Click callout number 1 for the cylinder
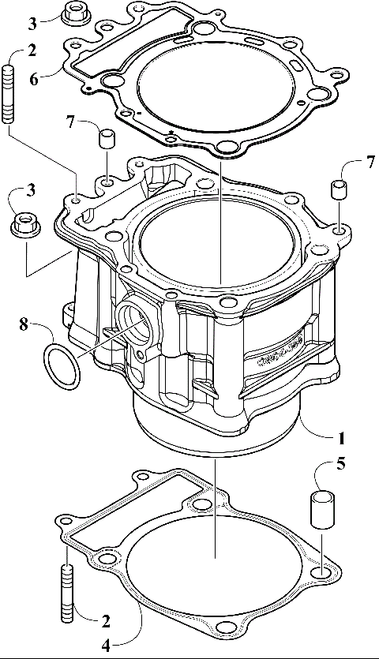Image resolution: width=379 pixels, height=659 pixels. coord(342,436)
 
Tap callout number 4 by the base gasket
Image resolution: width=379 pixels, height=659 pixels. coord(105,646)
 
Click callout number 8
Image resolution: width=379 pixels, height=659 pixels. coord(23,323)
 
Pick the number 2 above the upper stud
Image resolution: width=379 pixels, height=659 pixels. coord(32,51)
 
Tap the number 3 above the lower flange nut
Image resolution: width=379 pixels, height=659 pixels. coord(31,190)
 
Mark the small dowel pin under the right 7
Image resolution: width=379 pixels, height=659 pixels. coord(339,190)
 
